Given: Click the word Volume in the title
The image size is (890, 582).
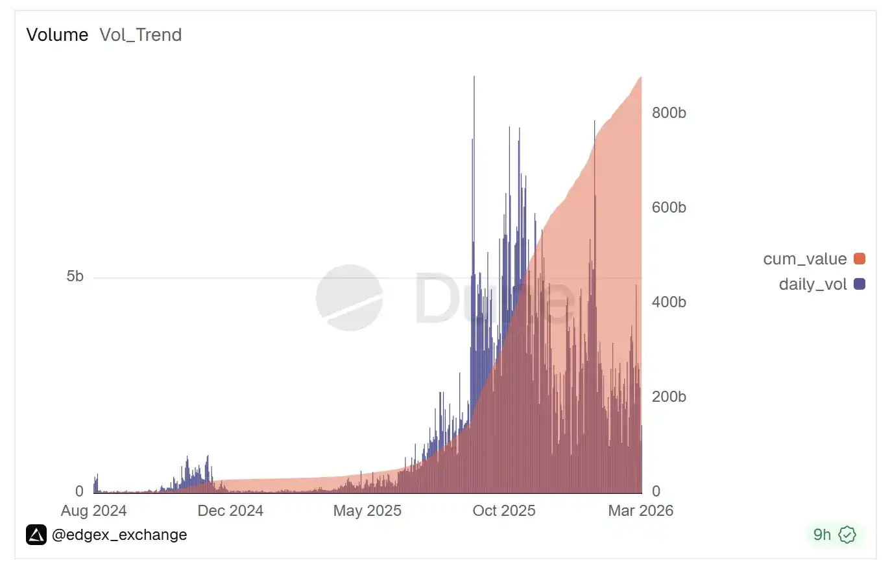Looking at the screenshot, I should click(x=57, y=35).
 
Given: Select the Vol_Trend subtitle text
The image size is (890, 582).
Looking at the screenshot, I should click(x=140, y=35).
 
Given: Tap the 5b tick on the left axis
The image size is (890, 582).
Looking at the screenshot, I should click(x=75, y=277).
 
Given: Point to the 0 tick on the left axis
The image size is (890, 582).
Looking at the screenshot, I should click(x=79, y=491).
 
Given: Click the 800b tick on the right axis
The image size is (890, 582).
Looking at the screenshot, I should click(x=669, y=113).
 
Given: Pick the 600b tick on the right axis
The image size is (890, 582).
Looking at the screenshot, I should click(x=669, y=207).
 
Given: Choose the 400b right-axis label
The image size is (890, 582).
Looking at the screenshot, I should click(x=669, y=302).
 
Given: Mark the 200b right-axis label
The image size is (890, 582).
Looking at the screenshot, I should click(x=669, y=397).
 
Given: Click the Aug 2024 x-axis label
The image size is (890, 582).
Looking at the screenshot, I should click(x=93, y=511).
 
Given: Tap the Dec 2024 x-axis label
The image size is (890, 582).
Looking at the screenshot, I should click(x=230, y=511).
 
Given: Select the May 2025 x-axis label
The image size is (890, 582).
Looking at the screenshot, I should click(x=367, y=511).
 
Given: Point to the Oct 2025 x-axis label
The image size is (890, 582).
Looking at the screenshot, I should click(x=504, y=511).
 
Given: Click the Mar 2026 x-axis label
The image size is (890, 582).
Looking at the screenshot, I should click(x=640, y=511).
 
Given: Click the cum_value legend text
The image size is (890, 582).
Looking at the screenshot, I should click(x=805, y=259).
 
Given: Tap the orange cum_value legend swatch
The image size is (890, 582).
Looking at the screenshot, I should click(x=860, y=259).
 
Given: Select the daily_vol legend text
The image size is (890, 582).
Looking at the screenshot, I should click(x=813, y=285).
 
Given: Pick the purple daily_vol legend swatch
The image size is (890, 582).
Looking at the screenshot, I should click(x=860, y=284).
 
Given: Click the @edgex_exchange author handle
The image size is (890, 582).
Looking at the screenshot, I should click(x=119, y=535).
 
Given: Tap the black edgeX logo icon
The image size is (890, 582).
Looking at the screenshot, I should click(x=36, y=535).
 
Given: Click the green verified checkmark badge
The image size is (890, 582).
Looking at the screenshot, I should click(x=847, y=535).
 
